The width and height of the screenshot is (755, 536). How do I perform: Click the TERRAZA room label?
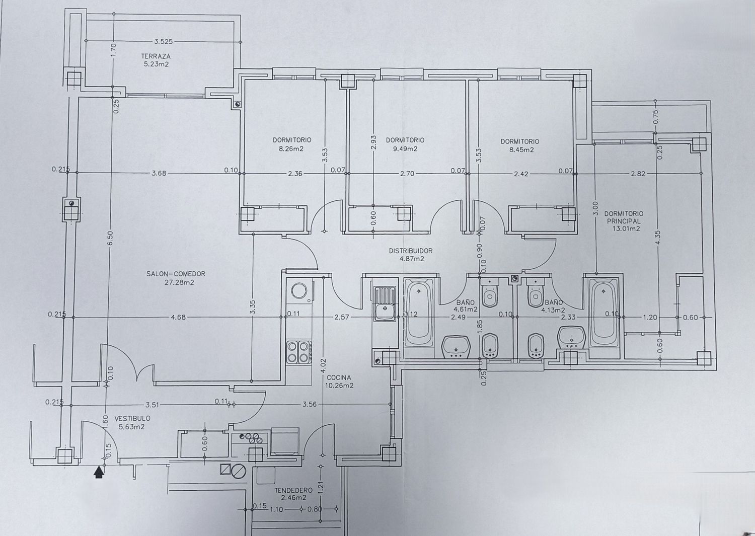click(x=156, y=56)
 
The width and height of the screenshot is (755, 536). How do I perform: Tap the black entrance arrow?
click(x=99, y=472)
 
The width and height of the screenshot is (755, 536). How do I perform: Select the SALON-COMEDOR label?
click(x=176, y=274)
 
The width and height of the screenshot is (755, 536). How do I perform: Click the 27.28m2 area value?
click(x=179, y=282)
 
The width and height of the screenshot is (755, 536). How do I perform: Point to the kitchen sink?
click(x=385, y=304)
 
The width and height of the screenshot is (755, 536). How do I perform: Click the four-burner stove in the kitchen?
click(x=298, y=352)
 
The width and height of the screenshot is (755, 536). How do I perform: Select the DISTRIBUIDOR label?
click(x=411, y=251)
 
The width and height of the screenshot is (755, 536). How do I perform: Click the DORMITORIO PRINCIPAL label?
click(x=624, y=217)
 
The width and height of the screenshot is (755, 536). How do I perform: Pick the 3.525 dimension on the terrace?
click(x=163, y=42)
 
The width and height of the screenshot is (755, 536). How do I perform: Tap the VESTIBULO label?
click(x=132, y=418)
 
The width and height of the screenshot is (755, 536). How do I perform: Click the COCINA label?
click(x=339, y=377)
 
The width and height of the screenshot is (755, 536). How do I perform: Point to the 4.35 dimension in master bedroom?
click(x=658, y=239)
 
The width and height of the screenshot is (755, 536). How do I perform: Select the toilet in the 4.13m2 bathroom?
click(x=535, y=293)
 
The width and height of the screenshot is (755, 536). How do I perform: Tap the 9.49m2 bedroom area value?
click(x=405, y=148)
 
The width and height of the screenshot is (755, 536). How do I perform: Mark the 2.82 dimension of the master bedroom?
click(x=638, y=174)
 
